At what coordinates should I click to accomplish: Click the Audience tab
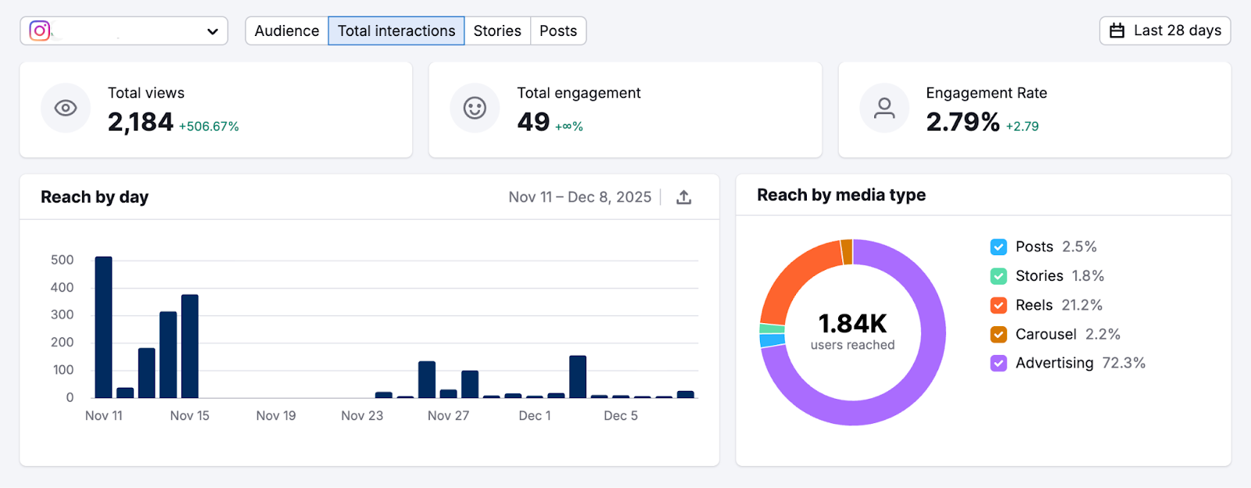tap(286, 31)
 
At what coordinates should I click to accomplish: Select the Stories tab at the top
tap(496, 31)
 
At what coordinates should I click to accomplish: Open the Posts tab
tap(557, 31)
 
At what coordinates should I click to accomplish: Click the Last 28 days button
tap(1164, 30)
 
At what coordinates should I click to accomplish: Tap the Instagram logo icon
tap(40, 30)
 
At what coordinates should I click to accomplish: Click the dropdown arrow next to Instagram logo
tap(212, 31)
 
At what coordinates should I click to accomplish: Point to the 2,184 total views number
tap(141, 122)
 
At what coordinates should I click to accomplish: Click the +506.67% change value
tap(209, 127)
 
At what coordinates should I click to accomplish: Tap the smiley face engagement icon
tap(475, 108)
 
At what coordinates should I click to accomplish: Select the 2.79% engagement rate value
tap(962, 122)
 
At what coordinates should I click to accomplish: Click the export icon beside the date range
tap(683, 197)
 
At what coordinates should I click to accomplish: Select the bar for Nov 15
tap(189, 346)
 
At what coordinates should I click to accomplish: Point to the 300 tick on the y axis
tap(63, 314)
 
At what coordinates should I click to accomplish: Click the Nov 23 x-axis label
tap(362, 415)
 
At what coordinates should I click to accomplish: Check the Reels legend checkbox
tap(998, 305)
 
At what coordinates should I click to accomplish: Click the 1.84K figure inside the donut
tap(852, 324)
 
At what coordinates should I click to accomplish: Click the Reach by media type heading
tap(841, 195)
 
